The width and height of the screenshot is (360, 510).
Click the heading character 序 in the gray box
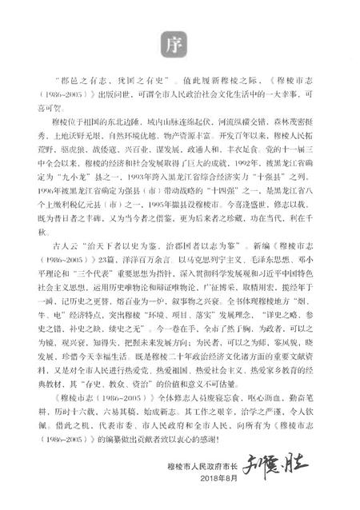coord(179,42)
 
